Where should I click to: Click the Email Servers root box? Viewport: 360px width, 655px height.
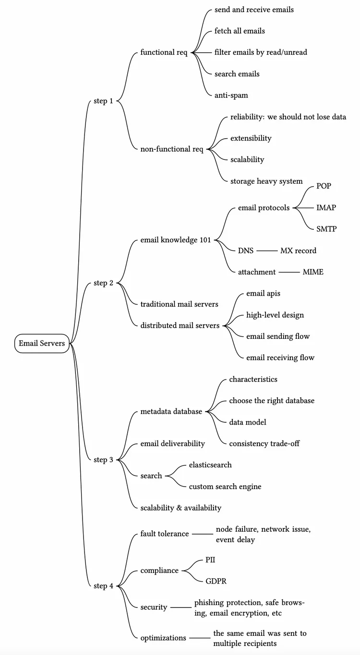point(42,343)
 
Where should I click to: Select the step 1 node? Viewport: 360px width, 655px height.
point(103,101)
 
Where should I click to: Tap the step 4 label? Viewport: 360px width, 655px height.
point(103,585)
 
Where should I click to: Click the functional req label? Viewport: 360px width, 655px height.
point(164,52)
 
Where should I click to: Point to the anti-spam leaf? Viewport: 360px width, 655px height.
point(231,95)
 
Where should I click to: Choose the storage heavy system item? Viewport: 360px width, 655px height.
point(266,181)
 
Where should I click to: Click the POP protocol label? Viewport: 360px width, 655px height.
point(324,186)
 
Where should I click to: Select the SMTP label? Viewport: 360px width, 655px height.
point(326,229)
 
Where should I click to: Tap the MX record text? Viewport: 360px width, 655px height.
point(298,250)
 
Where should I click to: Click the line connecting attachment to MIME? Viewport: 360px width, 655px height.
point(289,272)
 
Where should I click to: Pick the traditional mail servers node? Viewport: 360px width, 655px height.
point(179,304)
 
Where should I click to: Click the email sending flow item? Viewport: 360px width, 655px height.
point(278,336)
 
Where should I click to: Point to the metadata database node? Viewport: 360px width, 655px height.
point(171,411)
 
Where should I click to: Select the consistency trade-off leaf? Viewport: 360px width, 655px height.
point(264,443)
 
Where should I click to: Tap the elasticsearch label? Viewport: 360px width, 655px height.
point(210,464)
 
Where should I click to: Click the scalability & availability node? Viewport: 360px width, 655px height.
point(180,507)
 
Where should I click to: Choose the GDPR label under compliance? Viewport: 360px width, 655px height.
point(216,581)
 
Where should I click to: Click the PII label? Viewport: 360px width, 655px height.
point(210,560)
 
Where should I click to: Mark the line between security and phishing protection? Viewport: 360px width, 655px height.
point(181,607)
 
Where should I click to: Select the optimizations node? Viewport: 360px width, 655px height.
point(163,638)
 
